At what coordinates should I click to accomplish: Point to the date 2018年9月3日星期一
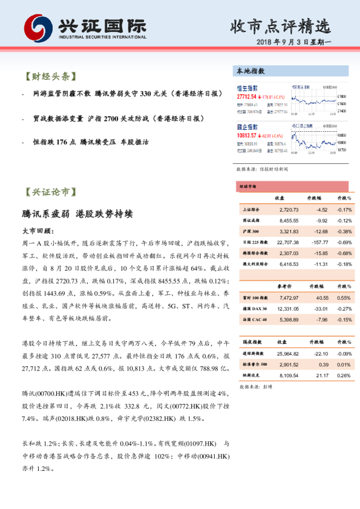290,44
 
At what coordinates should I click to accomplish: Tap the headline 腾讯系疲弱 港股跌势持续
76,214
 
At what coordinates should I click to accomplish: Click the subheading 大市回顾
38,230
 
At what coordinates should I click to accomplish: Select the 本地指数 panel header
250,71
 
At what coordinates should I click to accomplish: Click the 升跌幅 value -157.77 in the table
316,242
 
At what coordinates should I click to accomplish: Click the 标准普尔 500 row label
254,364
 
